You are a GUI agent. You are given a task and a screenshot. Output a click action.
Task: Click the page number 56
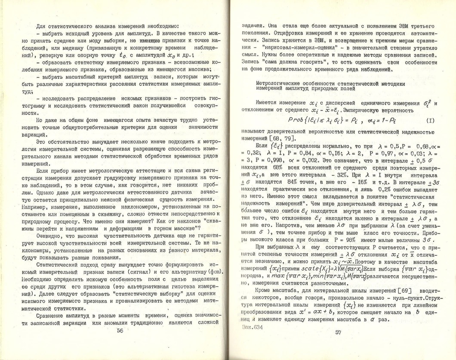point(120,330)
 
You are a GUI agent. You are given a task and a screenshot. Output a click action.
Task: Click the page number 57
point(338,332)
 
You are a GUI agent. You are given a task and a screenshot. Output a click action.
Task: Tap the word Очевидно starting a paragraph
point(50,235)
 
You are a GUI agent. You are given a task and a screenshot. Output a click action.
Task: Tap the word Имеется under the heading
point(268,103)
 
